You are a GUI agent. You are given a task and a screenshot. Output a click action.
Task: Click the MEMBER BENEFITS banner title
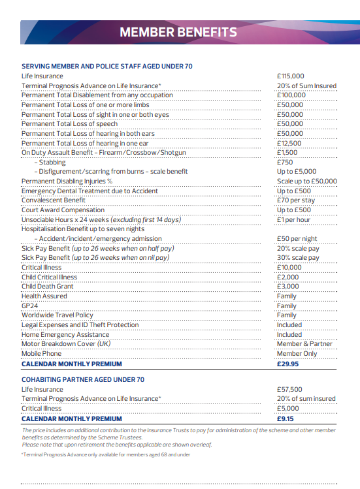pyautogui.click(x=178, y=33)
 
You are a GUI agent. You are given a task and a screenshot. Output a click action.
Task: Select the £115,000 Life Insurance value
pyautogui.click(x=291, y=76)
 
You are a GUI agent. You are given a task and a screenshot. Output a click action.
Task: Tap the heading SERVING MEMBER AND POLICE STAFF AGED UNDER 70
pyautogui.click(x=107, y=67)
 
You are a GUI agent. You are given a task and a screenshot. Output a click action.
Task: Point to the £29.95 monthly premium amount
pyautogui.click(x=287, y=364)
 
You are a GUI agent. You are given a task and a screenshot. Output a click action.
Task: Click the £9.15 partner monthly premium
pyautogui.click(x=286, y=418)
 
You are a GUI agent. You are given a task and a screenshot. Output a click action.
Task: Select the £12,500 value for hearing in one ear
pyautogui.click(x=289, y=143)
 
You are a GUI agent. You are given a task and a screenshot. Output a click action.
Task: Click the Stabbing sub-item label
pyautogui.click(x=52, y=162)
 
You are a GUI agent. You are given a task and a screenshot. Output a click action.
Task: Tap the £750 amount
pyautogui.click(x=285, y=162)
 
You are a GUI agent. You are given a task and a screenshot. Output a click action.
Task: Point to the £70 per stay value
pyautogui.click(x=296, y=200)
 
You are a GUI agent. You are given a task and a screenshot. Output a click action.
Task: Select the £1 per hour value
pyautogui.click(x=294, y=220)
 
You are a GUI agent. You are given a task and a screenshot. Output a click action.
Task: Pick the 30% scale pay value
pyautogui.click(x=298, y=258)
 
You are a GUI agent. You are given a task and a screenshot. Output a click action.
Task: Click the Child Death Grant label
pyautogui.click(x=48, y=287)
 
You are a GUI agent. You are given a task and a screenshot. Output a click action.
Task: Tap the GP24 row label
pyautogui.click(x=30, y=306)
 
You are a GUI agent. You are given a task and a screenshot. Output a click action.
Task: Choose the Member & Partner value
pyautogui.click(x=304, y=344)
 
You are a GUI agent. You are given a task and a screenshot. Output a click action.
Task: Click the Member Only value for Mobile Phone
pyautogui.click(x=297, y=354)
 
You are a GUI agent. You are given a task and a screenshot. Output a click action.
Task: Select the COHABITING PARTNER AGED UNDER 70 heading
pyautogui.click(x=83, y=379)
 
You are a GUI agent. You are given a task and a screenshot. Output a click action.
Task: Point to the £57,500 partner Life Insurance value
pyautogui.click(x=289, y=390)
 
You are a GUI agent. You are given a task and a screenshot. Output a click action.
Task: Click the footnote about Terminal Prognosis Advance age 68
pyautogui.click(x=106, y=454)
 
